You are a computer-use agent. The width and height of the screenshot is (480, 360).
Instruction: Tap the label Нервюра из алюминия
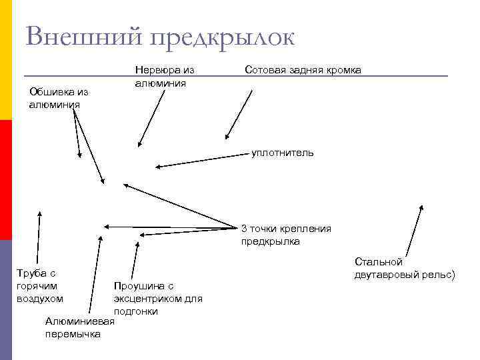[164, 77]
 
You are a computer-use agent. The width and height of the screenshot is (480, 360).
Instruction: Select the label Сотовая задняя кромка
[303, 69]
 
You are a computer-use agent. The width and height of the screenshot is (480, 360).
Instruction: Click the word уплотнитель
[283, 153]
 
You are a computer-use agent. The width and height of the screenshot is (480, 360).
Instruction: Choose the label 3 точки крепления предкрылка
[285, 235]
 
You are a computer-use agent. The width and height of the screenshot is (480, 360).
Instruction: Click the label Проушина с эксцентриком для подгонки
[158, 298]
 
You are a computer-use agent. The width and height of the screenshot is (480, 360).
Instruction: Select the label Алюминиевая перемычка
[79, 327]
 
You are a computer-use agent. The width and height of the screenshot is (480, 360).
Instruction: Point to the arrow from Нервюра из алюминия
[153, 117]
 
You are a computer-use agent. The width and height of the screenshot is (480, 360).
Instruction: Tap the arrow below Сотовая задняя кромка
[239, 114]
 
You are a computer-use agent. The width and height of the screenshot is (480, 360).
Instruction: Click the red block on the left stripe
[5, 179]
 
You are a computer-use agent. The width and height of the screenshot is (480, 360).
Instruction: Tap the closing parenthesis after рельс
[453, 274]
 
